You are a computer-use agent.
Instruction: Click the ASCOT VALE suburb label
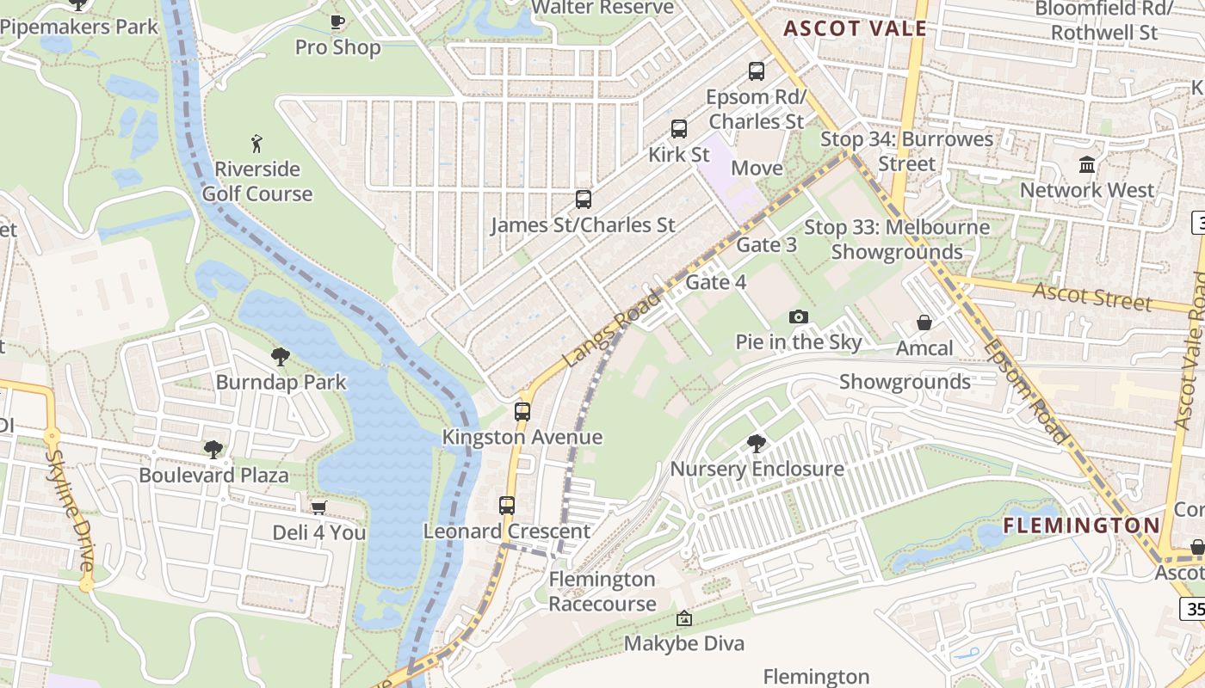pos(855,28)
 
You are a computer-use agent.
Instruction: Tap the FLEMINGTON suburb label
pos(1082,525)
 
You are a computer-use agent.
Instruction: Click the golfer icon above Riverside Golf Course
pos(256,143)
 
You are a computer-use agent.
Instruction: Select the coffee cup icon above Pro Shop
pos(337,21)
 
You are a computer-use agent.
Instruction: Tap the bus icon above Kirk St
pos(679,129)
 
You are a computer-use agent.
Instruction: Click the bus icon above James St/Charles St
pos(584,200)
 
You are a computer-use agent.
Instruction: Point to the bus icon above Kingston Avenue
pos(522,411)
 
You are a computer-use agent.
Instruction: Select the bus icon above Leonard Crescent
pos(507,506)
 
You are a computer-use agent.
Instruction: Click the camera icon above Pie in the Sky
pos(799,316)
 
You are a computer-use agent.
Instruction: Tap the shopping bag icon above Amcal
pos(924,322)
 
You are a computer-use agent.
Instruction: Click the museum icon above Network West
pos(1087,164)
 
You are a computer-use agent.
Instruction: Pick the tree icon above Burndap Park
pos(281,356)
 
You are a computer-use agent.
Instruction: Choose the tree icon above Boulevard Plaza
pos(213,449)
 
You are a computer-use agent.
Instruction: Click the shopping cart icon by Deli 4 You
pos(318,507)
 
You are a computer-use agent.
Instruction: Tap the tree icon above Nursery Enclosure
pos(757,444)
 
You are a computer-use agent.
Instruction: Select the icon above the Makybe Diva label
pos(684,618)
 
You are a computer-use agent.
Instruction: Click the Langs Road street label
pos(612,329)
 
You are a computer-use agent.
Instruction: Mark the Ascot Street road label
pos(1091,297)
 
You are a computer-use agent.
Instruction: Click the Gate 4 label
pos(715,282)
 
